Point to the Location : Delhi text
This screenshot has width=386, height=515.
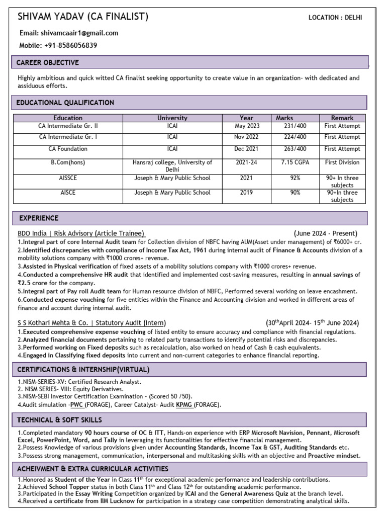click(335, 18)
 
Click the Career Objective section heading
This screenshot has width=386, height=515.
click(48, 63)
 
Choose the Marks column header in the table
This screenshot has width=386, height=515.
click(284, 118)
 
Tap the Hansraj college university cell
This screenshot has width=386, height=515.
click(172, 166)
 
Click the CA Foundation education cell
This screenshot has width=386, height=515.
click(68, 149)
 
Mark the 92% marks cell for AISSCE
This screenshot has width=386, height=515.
click(295, 178)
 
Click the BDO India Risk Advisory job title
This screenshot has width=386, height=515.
click(81, 233)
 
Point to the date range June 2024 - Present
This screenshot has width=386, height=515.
click(326, 233)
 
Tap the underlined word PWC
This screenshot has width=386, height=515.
click(77, 404)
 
